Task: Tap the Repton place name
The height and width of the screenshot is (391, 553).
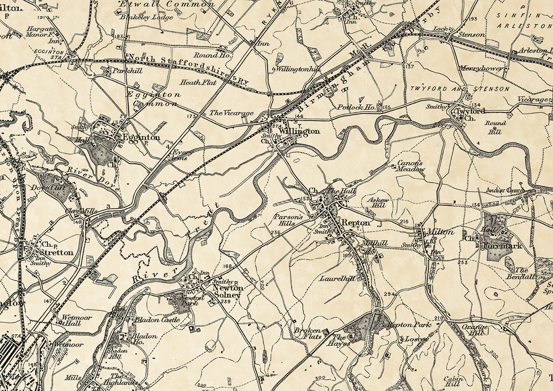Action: click(356, 222)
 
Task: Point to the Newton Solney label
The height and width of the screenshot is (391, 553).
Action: click(228, 291)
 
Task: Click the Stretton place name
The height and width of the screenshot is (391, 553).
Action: click(56, 252)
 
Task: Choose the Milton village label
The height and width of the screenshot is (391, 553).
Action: click(440, 231)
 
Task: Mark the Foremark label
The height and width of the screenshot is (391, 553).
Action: click(502, 246)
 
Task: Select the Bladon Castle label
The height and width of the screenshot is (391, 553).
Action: click(157, 320)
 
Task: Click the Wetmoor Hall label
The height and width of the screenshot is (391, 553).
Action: click(72, 320)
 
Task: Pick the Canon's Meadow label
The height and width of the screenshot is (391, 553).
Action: click(410, 166)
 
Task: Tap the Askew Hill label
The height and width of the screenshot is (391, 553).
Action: click(379, 202)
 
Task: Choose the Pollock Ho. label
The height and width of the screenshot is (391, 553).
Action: click(356, 107)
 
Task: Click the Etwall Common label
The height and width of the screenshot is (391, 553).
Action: click(167, 4)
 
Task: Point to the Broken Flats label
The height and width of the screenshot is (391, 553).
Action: click(307, 333)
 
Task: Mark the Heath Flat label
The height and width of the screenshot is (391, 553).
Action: click(198, 82)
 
